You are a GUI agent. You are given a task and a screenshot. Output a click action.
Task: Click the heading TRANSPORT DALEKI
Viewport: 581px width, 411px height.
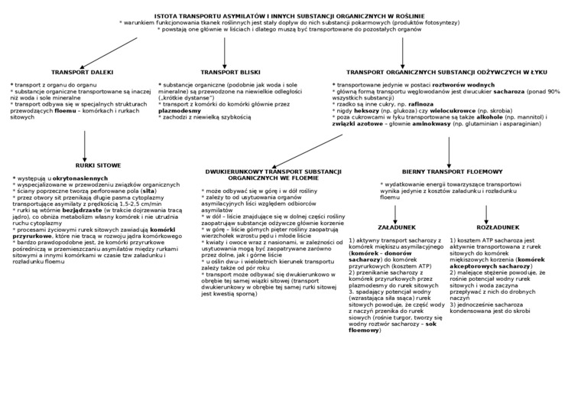click(83, 72)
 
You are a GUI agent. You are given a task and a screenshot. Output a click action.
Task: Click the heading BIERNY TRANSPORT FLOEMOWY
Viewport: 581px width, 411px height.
click(452, 171)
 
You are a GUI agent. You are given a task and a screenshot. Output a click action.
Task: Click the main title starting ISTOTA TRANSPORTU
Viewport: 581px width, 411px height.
click(290, 15)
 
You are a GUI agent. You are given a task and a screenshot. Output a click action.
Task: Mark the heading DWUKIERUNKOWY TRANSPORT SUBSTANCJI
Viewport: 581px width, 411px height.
click(261, 175)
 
